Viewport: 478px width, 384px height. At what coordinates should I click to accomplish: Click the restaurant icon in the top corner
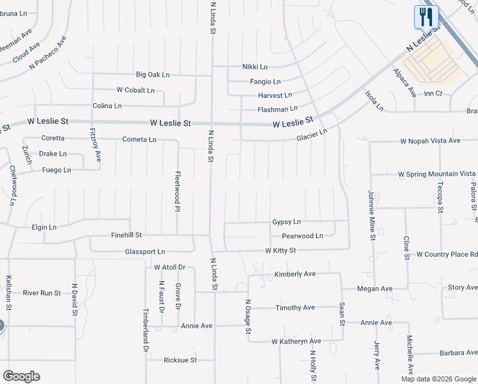pos(426,16)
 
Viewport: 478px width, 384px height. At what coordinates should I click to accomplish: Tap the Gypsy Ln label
pos(286,222)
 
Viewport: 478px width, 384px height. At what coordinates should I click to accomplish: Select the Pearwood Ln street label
pos(298,236)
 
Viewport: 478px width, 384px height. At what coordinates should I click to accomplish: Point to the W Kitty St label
pos(281,250)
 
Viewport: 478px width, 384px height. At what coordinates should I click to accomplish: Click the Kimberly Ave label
pos(295,274)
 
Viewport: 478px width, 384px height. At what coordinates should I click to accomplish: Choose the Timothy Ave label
pos(295,308)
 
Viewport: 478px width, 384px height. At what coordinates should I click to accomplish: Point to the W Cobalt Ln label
pos(135,90)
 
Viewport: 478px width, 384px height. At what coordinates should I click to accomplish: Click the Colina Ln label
pos(107,106)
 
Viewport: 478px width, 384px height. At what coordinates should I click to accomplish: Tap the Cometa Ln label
pos(139,140)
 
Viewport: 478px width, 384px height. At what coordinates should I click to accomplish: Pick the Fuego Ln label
pos(56,170)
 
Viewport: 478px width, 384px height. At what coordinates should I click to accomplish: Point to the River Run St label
pos(42,293)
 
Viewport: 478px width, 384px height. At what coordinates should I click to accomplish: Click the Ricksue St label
pos(180,360)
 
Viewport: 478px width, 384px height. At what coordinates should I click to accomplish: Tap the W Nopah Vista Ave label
pos(430,141)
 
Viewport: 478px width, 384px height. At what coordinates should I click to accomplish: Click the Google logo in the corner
pos(21,376)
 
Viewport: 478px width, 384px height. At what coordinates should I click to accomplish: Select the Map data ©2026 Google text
pos(438,379)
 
